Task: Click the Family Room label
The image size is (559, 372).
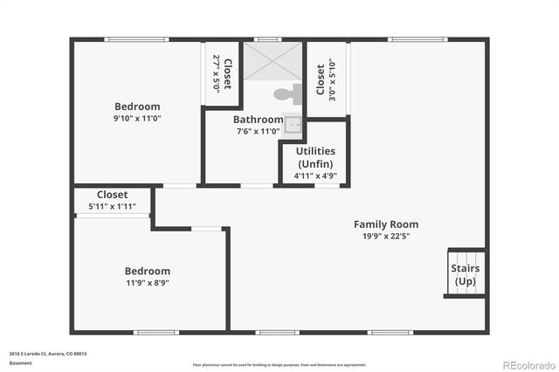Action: click(x=385, y=224)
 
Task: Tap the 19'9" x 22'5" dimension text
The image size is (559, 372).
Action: click(x=385, y=236)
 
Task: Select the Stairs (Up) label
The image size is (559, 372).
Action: click(x=465, y=274)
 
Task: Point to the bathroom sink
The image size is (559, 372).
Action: click(x=294, y=124)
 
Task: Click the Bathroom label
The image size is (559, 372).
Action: click(x=258, y=120)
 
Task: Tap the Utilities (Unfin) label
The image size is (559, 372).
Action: click(x=315, y=157)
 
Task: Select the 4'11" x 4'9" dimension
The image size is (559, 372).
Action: click(x=315, y=176)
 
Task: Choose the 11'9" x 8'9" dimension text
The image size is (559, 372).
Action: click(x=147, y=282)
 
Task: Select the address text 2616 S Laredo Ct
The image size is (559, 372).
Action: click(x=47, y=354)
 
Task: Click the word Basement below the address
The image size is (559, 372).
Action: click(x=20, y=362)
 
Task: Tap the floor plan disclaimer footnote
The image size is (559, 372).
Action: click(x=279, y=364)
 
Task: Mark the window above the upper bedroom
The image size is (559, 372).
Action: click(x=135, y=38)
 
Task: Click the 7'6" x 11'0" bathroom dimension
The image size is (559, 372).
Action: click(x=258, y=132)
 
